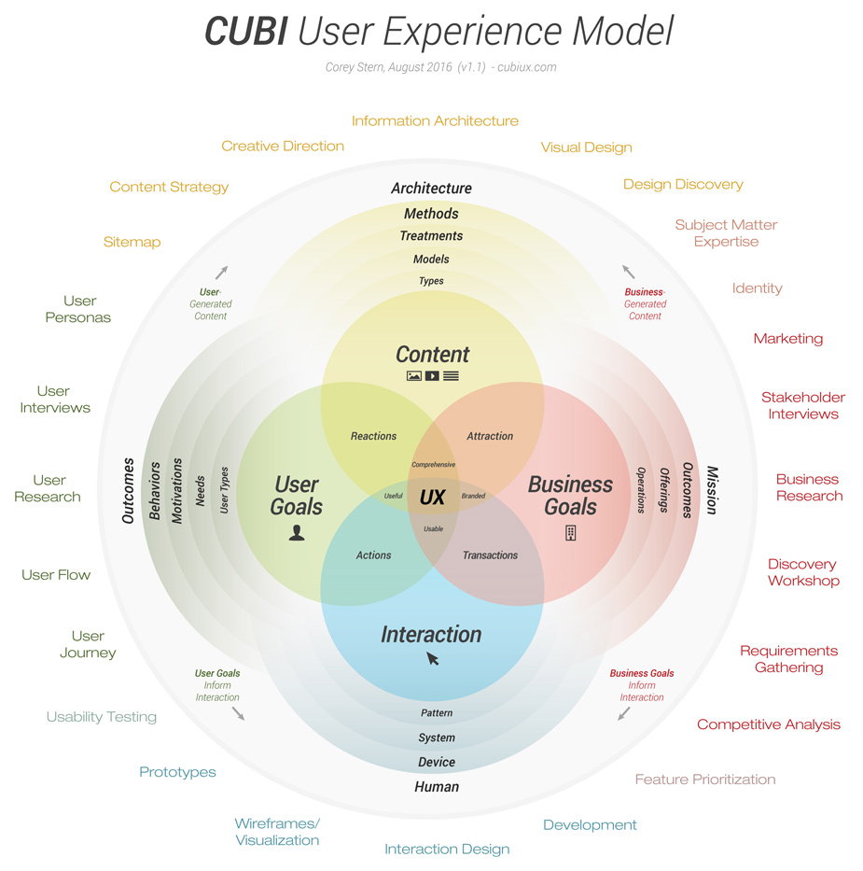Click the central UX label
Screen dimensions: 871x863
(x=432, y=498)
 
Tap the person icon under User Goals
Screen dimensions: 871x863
(x=297, y=533)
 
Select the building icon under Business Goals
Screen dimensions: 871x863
(x=570, y=533)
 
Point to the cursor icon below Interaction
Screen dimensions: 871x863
(x=433, y=659)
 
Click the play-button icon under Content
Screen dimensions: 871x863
(x=432, y=376)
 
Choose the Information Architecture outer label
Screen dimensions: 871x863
(x=435, y=120)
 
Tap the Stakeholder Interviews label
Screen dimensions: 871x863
(x=802, y=405)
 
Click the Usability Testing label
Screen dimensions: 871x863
(x=102, y=717)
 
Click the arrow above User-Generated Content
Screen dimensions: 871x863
(x=221, y=273)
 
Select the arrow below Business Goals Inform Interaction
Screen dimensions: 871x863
(x=623, y=714)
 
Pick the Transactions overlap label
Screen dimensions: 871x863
(x=490, y=555)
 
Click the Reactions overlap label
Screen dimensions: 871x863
(x=373, y=436)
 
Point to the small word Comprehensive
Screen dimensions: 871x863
(x=433, y=465)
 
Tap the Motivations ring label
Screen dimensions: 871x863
(x=177, y=489)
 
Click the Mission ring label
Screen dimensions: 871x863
(x=712, y=490)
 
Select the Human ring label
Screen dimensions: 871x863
(x=437, y=787)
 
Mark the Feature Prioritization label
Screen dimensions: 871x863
(x=705, y=779)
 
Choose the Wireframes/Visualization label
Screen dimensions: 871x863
(x=277, y=832)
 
